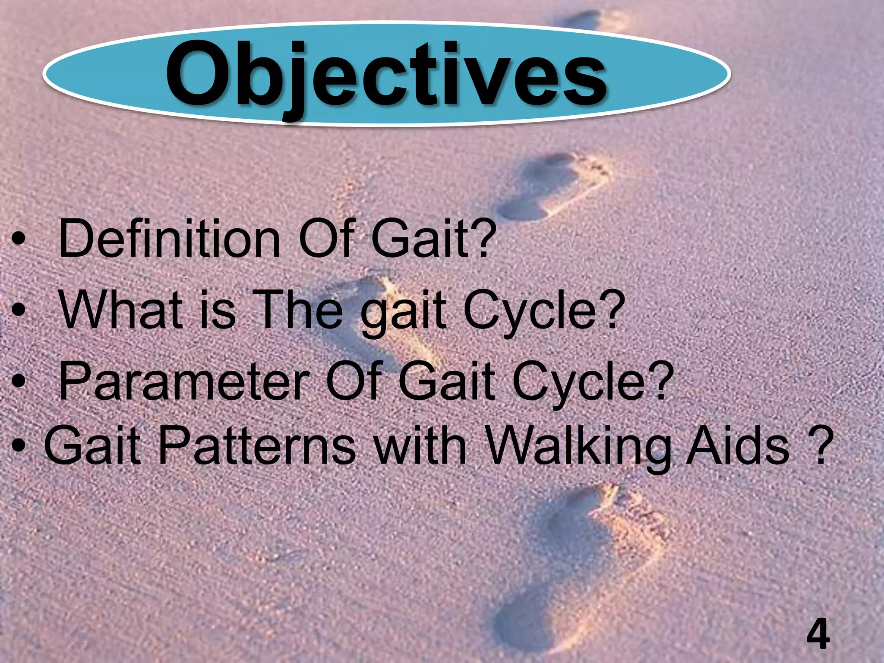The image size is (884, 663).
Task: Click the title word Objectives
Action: click(386, 76)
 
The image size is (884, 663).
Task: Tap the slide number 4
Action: click(818, 634)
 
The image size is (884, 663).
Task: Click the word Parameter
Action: click(184, 381)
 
